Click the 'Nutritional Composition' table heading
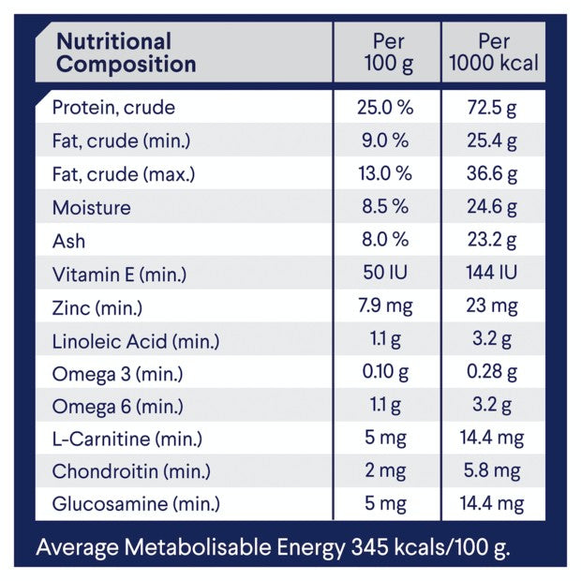[127, 53]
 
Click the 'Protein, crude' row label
[113, 107]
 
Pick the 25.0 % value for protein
[384, 107]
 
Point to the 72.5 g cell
[492, 107]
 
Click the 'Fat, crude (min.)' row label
[122, 141]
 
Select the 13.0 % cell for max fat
[384, 173]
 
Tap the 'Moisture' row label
[92, 207]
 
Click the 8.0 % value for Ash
[384, 241]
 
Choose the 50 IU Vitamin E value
[384, 274]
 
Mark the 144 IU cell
[492, 274]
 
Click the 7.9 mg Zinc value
[384, 306]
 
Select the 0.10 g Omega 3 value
[384, 373]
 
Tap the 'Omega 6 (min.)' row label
[118, 406]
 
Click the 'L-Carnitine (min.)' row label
[127, 439]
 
